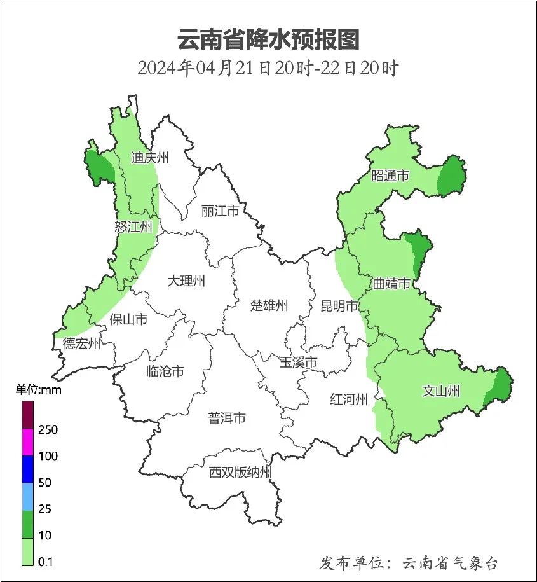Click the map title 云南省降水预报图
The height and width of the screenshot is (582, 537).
[x=268, y=39]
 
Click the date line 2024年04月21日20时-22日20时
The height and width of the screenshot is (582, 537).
[x=268, y=68]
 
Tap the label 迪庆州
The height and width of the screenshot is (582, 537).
[x=150, y=158]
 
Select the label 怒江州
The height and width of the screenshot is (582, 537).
[x=134, y=227]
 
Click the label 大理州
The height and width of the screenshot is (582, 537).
[x=186, y=281]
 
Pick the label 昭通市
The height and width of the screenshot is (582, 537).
[x=390, y=176]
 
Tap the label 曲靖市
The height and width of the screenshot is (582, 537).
[x=391, y=284]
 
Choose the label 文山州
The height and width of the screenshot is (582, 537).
[x=440, y=391]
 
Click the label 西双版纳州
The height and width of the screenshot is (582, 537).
[x=240, y=473]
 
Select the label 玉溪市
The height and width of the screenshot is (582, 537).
[x=298, y=363]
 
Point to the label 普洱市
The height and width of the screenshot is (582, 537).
[x=227, y=419]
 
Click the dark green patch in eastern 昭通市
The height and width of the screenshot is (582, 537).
[x=452, y=176]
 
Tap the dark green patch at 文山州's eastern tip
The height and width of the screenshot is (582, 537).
[x=501, y=385]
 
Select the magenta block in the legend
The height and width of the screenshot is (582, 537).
[x=27, y=442]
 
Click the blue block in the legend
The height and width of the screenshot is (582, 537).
[x=27, y=469]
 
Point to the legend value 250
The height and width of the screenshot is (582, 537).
[x=48, y=429]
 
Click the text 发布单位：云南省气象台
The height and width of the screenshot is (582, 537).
[x=409, y=563]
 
